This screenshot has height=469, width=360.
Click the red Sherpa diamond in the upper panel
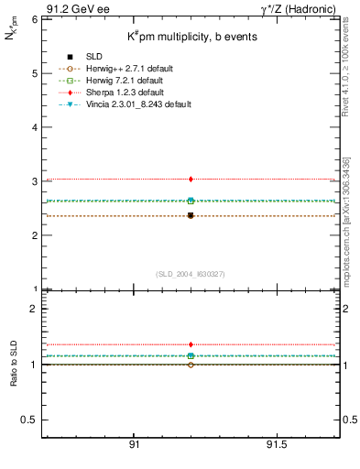point(191,179)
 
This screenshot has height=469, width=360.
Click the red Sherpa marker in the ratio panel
point(191,344)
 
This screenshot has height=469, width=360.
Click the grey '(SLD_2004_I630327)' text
point(191,273)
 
